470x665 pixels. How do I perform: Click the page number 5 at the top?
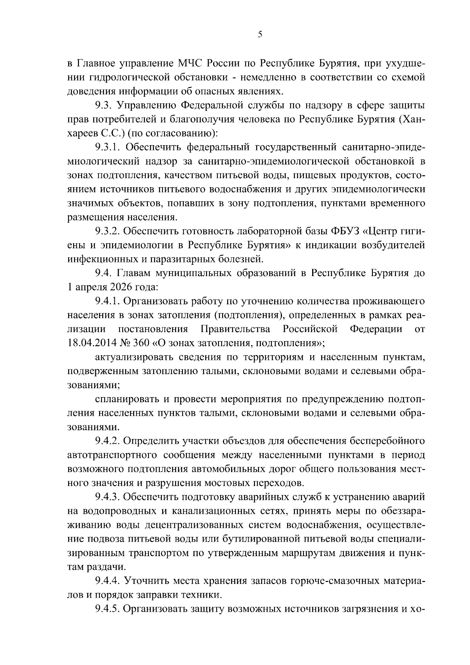(260, 34)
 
